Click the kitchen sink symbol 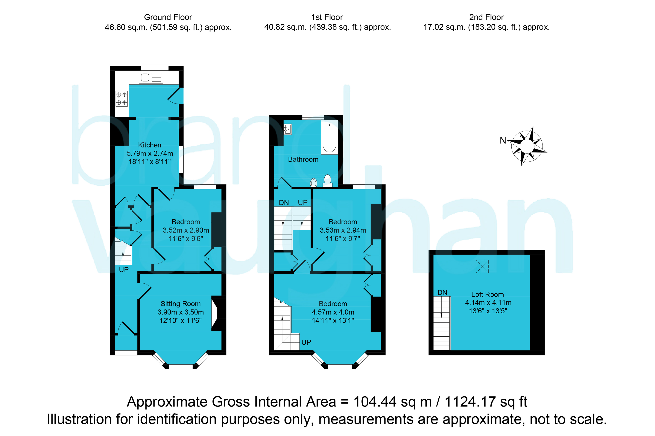151,78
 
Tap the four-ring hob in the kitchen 122,99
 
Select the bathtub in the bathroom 329,137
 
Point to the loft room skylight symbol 482,266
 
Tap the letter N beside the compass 503,140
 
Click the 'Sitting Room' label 180,304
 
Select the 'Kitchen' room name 150,145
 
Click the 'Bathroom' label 303,159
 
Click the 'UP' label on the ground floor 124,269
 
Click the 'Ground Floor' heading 168,17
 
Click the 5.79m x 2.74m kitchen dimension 150,153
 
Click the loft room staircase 442,323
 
